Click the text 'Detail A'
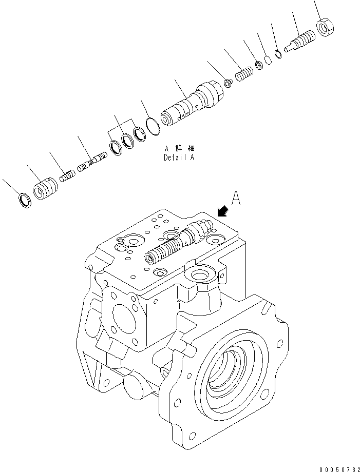[179, 158]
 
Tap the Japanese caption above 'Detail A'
[179, 149]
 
